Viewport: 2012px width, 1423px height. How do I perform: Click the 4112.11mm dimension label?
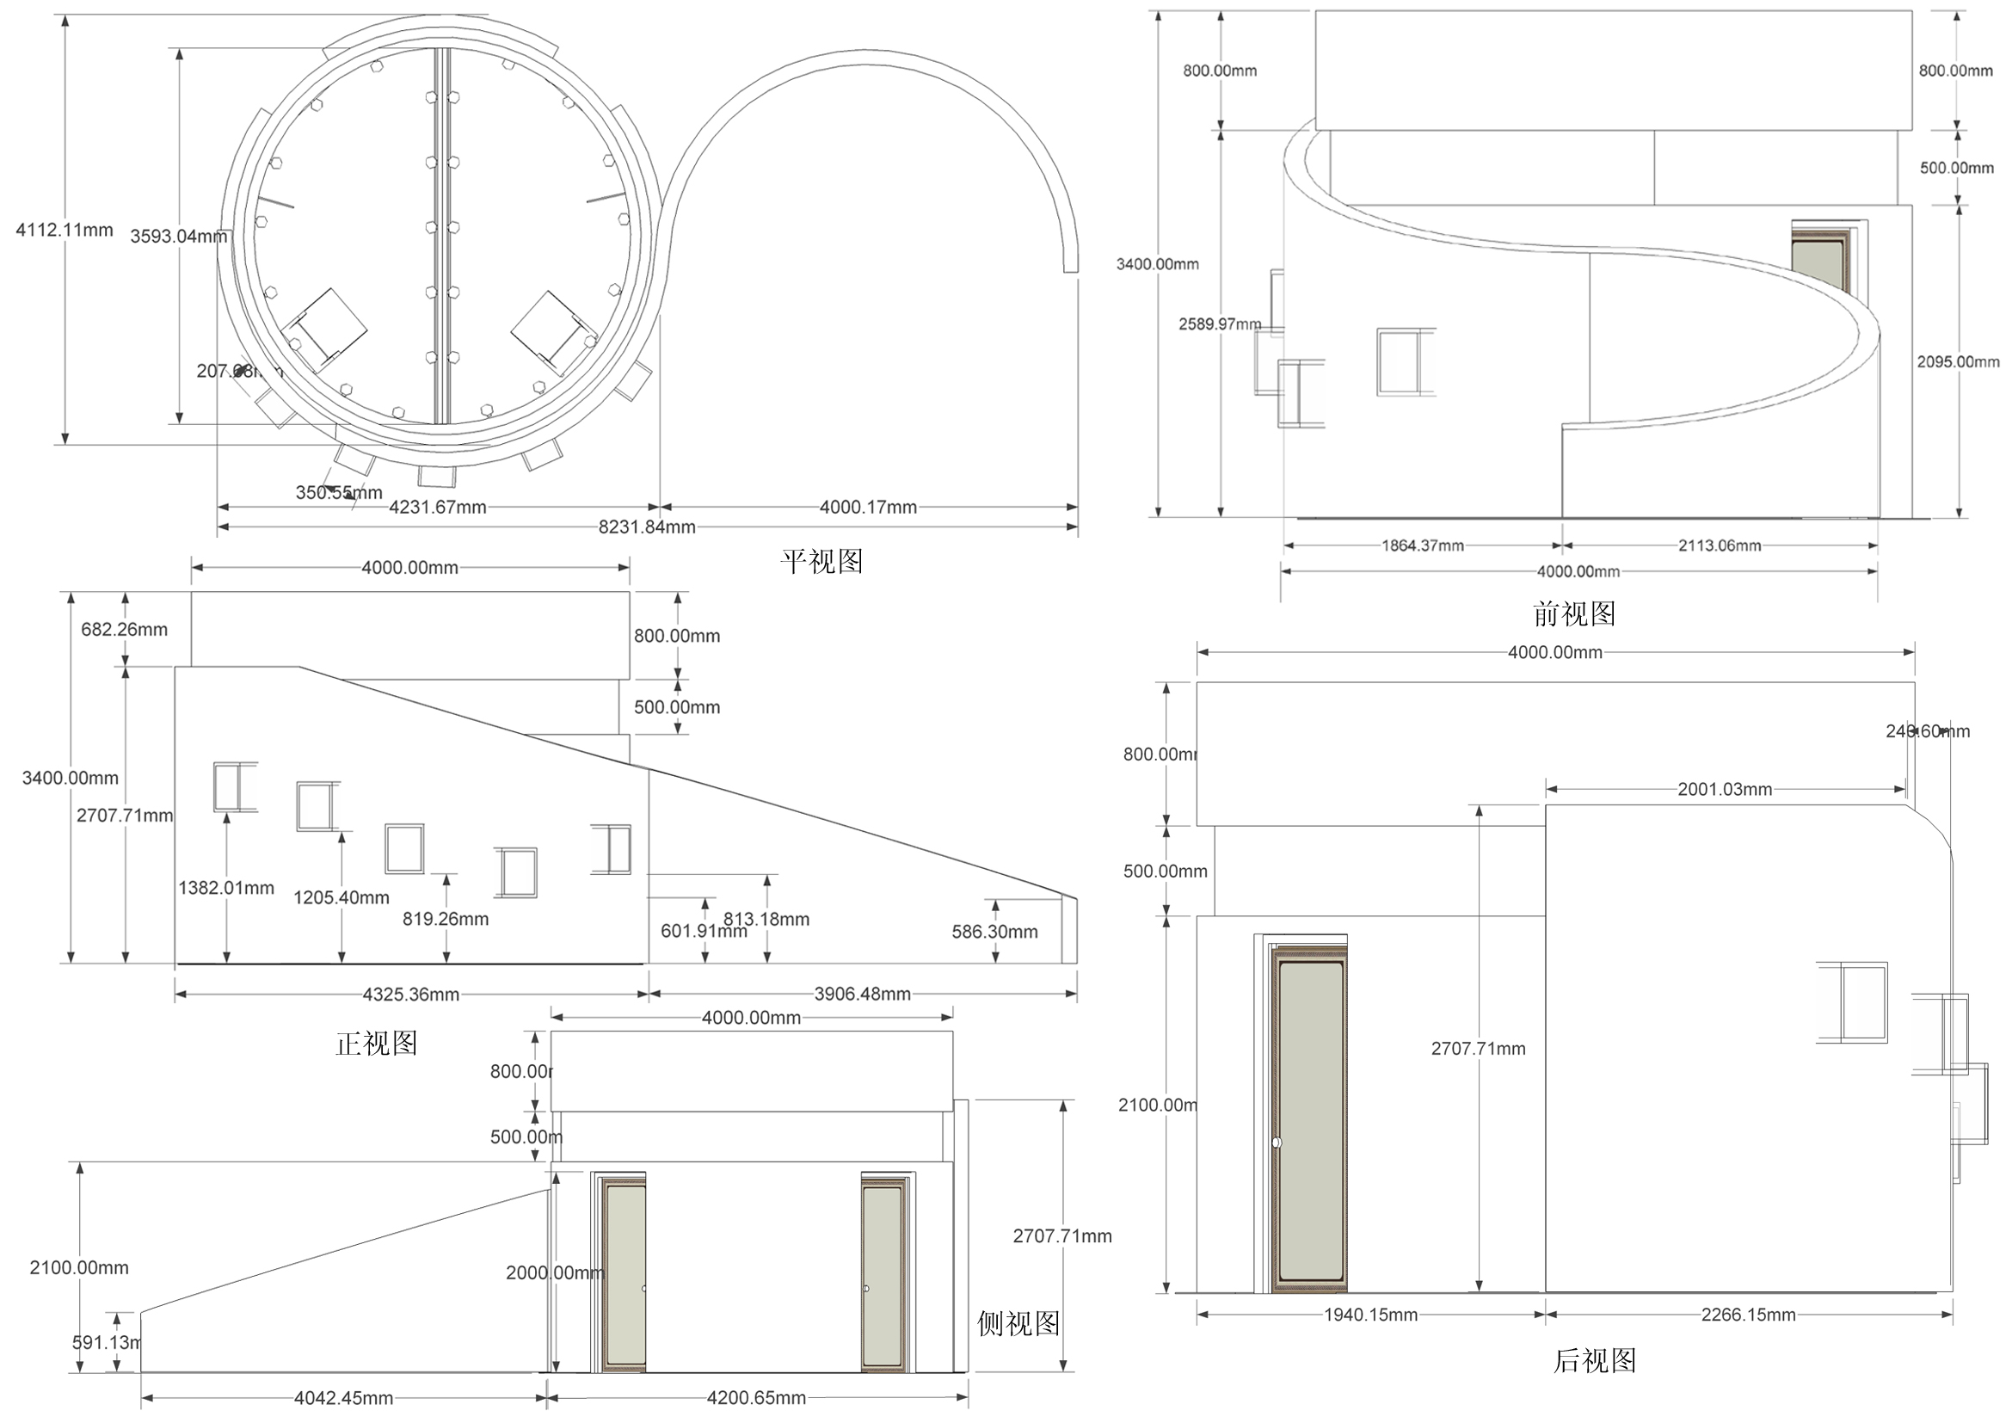[65, 230]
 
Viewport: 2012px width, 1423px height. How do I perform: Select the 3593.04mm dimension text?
[179, 236]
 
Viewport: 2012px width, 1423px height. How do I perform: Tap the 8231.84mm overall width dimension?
[647, 527]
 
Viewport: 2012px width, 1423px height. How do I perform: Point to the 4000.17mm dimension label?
[868, 508]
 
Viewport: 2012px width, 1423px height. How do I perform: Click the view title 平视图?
[821, 562]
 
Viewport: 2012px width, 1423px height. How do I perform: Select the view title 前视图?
[1574, 614]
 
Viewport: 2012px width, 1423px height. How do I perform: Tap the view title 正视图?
[376, 1044]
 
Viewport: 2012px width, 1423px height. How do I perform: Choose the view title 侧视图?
[1018, 1323]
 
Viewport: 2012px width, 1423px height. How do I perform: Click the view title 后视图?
[1595, 1361]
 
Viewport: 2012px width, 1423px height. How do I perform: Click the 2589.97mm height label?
[1219, 324]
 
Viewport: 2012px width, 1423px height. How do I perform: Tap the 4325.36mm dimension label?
[411, 995]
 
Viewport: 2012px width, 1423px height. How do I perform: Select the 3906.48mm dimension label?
[862, 995]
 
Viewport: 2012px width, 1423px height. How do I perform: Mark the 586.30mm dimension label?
[994, 933]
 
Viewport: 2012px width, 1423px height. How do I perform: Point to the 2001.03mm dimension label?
[1725, 790]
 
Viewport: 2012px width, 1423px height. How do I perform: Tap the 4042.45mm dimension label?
[343, 1398]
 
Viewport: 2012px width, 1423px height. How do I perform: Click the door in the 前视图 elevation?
[1819, 263]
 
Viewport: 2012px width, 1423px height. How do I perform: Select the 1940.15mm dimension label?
[1370, 1315]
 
